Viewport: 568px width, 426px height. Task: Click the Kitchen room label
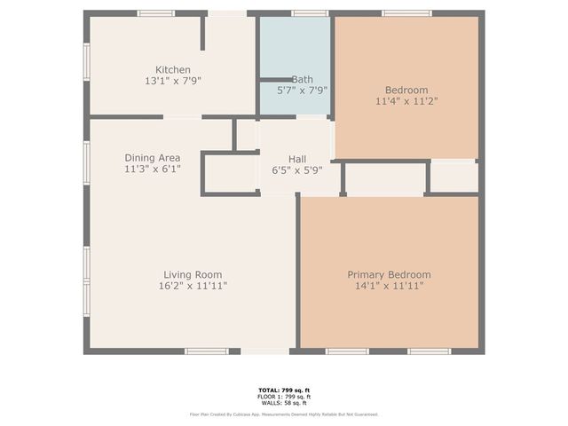click(x=173, y=70)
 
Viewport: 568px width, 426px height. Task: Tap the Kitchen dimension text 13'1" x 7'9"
click(x=173, y=82)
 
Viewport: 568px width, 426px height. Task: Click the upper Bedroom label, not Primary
click(x=406, y=90)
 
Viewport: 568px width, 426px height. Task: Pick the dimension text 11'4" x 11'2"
click(x=406, y=101)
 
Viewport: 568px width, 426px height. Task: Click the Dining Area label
click(x=153, y=157)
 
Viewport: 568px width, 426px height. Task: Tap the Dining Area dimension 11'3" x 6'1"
click(x=153, y=169)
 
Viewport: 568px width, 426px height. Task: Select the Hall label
click(x=297, y=158)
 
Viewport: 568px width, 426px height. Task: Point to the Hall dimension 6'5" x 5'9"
click(x=297, y=170)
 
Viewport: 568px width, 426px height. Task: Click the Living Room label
click(x=193, y=274)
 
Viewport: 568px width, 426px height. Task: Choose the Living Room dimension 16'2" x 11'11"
click(x=193, y=286)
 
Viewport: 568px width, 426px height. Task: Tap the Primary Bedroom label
click(x=389, y=274)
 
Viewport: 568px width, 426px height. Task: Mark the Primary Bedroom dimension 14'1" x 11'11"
click(x=389, y=286)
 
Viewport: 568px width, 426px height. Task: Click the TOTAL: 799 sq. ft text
click(x=284, y=390)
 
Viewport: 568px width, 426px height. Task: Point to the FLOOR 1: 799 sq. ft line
click(x=284, y=396)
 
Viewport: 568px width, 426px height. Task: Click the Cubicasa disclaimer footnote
click(x=284, y=414)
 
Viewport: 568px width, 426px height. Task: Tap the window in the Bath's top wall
click(x=310, y=13)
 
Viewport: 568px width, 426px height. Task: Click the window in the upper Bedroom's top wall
click(x=406, y=13)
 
